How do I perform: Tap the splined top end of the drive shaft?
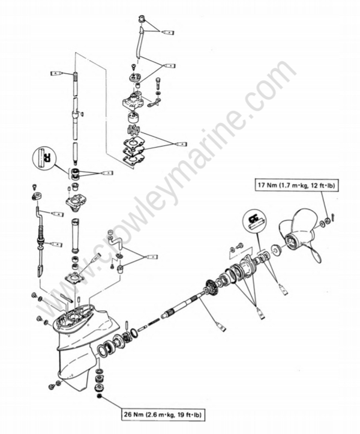coord(75,77)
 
